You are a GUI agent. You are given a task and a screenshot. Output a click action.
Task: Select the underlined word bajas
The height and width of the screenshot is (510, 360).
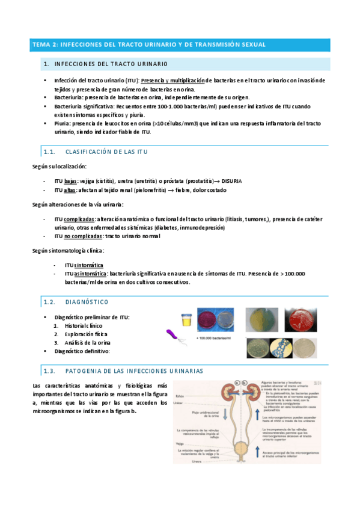click(72, 180)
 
